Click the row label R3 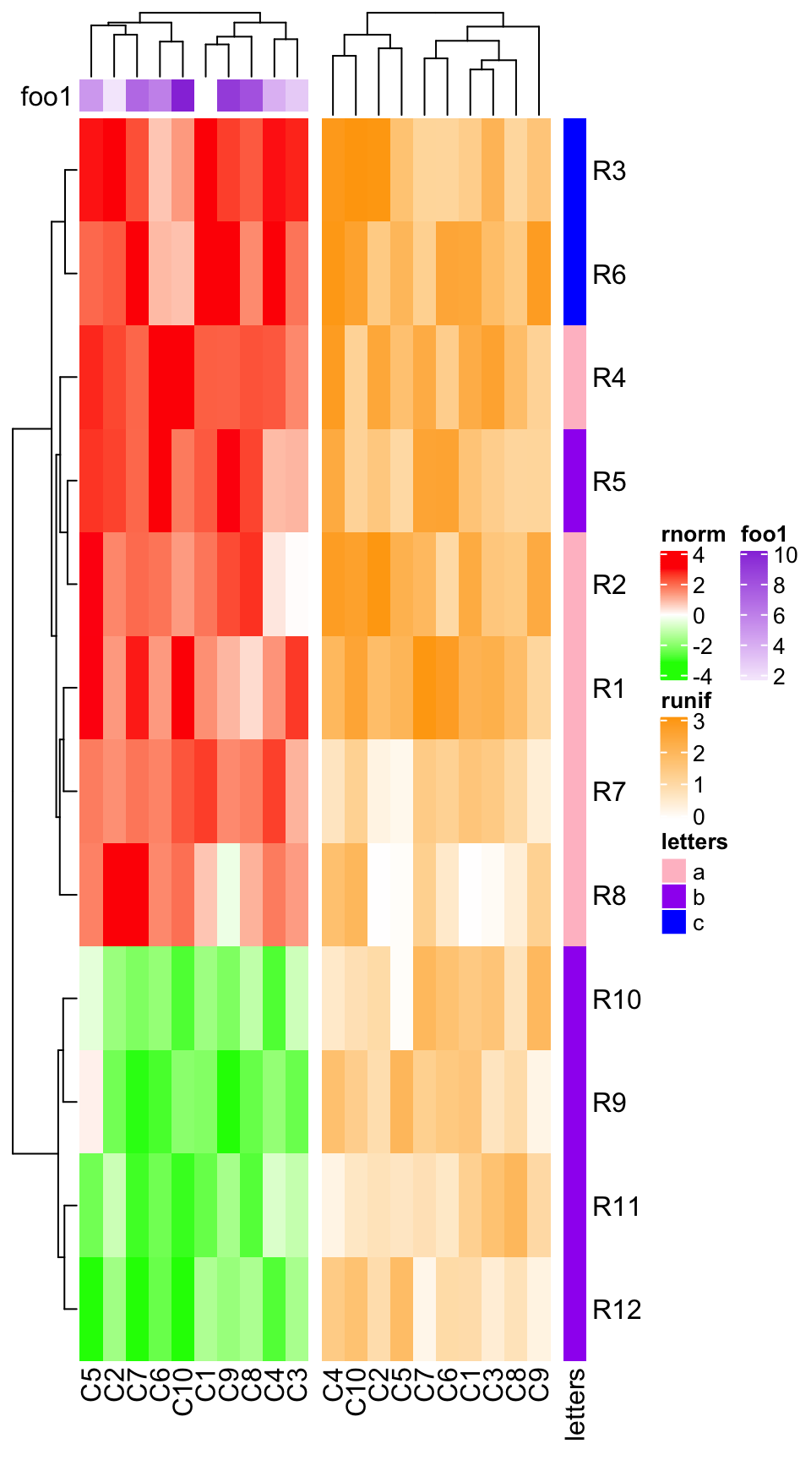(609, 171)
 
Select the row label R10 (617, 1000)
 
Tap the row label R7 (609, 792)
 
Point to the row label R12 (617, 1310)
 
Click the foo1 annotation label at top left (46, 97)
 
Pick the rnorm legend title (693, 534)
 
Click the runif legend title (686, 700)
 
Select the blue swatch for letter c (673, 923)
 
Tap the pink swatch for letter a (673, 871)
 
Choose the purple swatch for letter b (673, 896)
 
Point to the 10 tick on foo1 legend (786, 555)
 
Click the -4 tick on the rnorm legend (701, 677)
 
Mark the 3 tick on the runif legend (698, 722)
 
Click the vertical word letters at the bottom (575, 1403)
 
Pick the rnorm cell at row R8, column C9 (228, 895)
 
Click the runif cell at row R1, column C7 (425, 688)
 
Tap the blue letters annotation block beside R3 (575, 221)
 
